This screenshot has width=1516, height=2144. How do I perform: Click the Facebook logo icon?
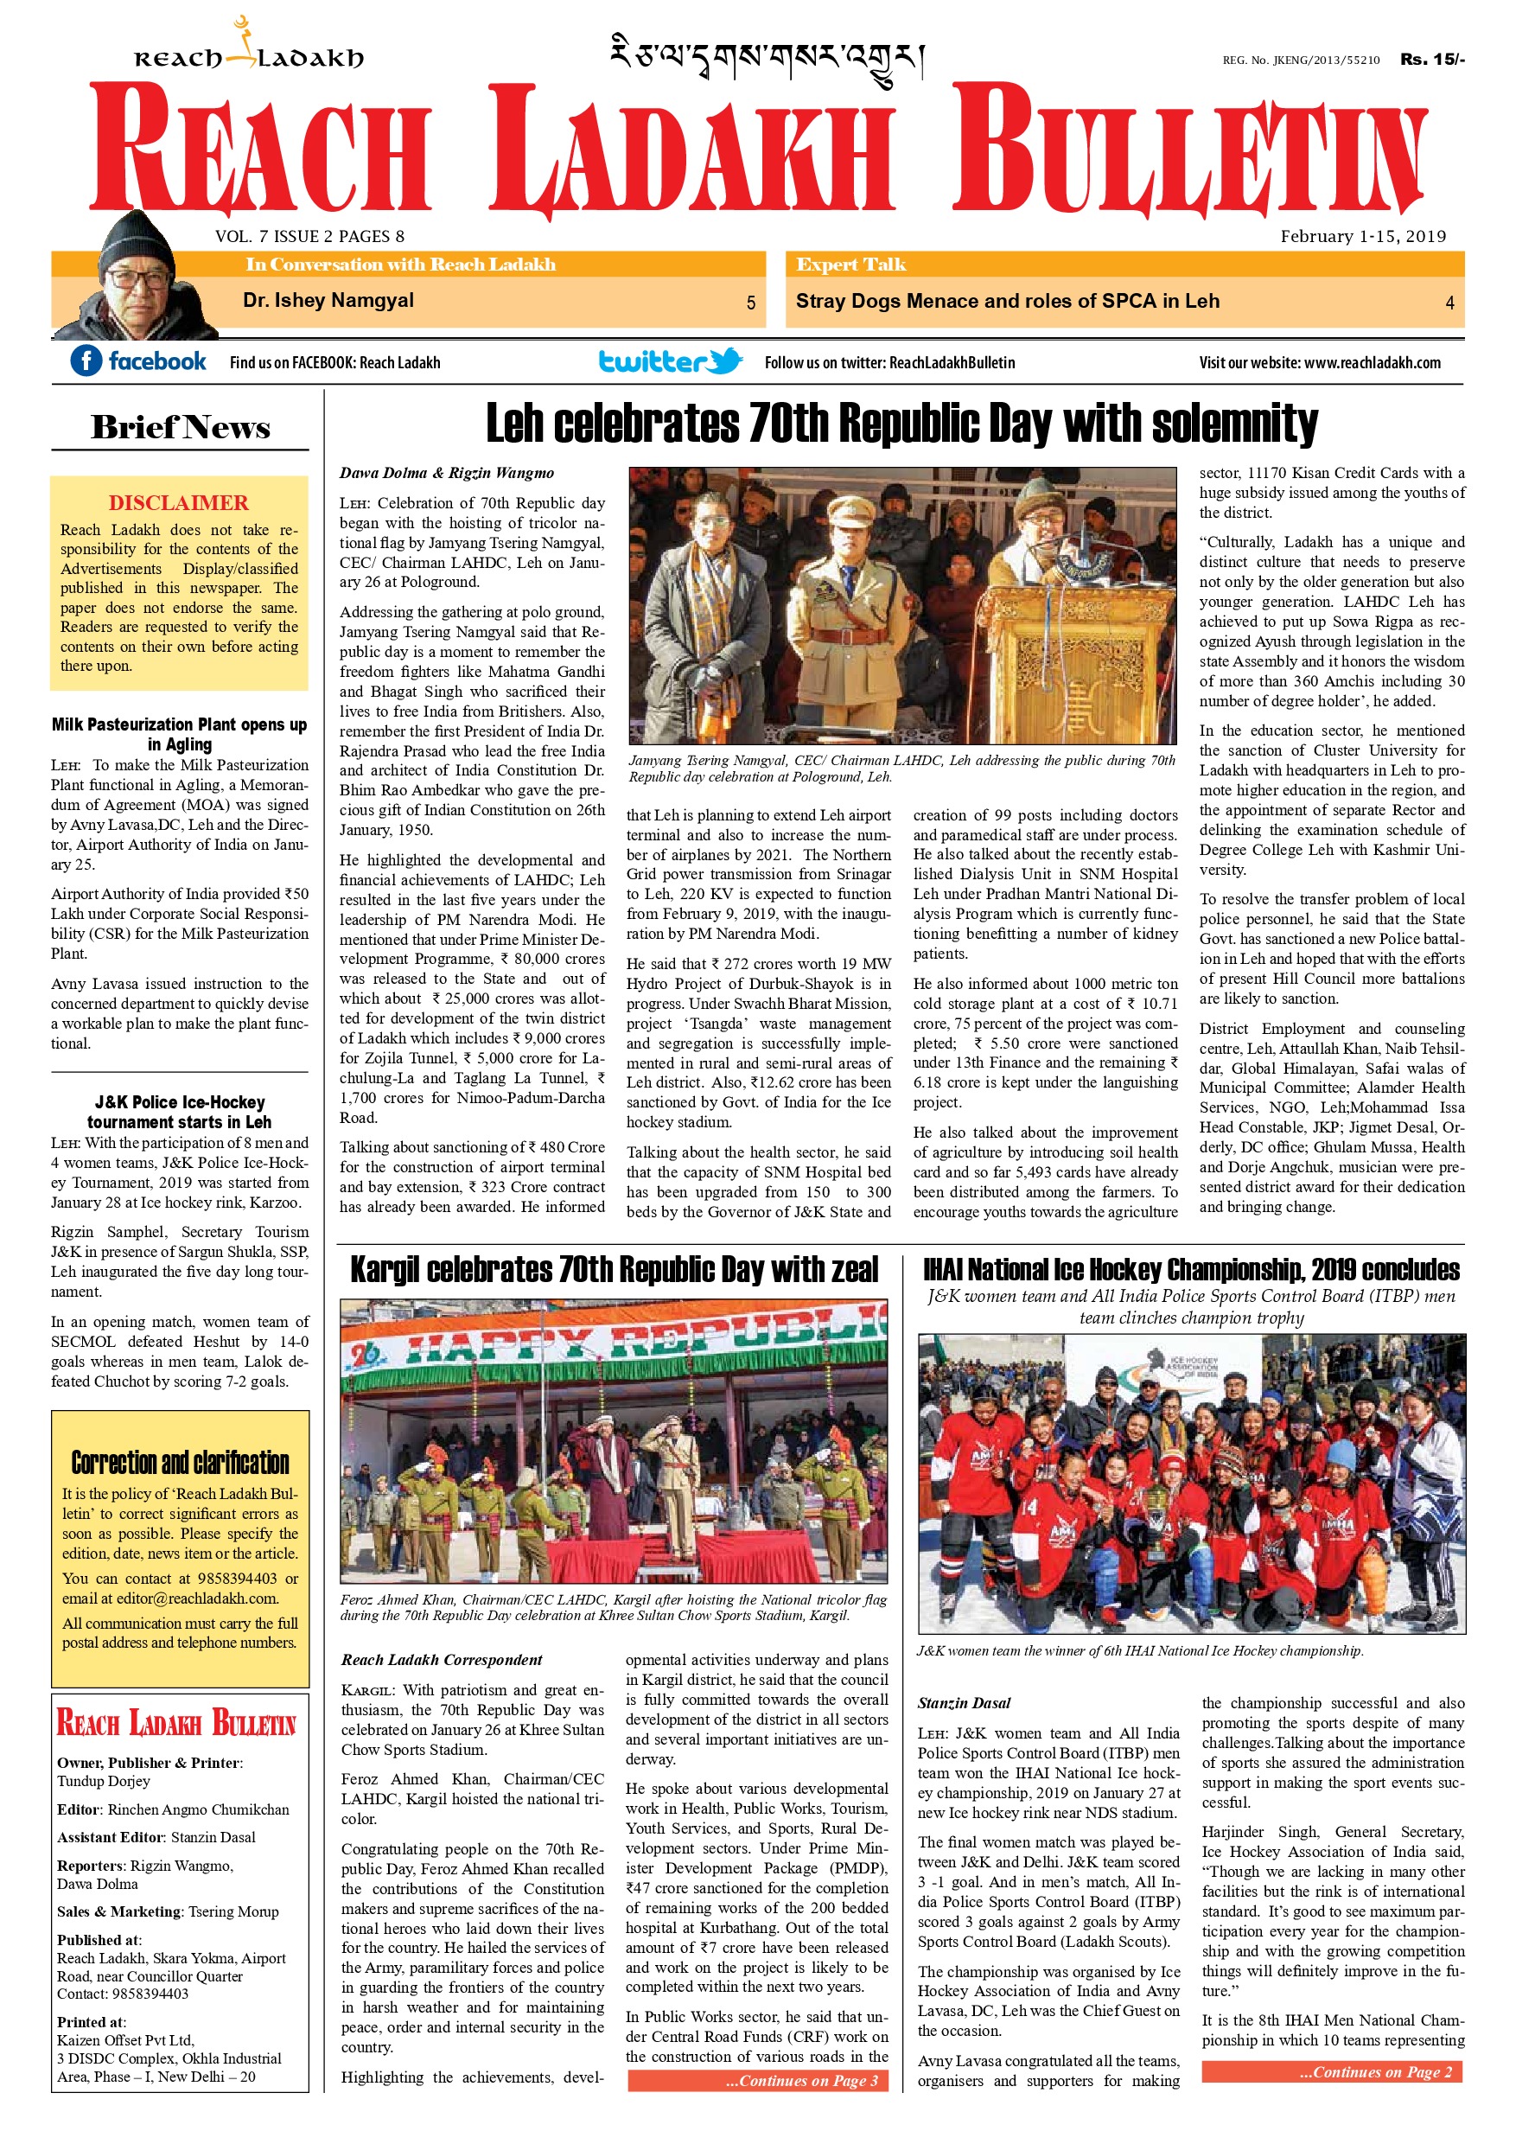tap(86, 361)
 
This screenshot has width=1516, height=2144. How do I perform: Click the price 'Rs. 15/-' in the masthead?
tap(1431, 59)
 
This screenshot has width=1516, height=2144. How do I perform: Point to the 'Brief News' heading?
tap(180, 428)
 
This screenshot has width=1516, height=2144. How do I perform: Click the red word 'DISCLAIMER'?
tap(178, 502)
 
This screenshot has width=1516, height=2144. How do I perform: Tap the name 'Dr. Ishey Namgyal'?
tap(328, 301)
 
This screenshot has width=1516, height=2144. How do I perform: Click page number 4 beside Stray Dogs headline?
tap(1449, 303)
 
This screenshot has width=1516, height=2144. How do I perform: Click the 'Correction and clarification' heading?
tap(180, 1462)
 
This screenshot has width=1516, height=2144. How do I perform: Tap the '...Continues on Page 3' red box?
tap(757, 2081)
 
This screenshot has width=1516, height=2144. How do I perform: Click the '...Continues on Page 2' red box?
tap(1331, 2072)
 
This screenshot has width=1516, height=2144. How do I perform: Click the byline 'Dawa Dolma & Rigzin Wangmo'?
tap(446, 474)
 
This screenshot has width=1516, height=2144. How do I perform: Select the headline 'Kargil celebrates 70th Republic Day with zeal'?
tap(615, 1270)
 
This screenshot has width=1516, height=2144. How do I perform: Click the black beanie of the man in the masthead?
tap(136, 240)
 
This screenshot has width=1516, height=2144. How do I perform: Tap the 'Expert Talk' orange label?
tap(850, 265)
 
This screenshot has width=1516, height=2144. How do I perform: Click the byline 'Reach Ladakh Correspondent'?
tap(441, 1659)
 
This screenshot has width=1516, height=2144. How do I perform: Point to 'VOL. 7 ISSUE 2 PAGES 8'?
tap(310, 236)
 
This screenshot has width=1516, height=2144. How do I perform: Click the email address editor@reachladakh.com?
tap(197, 1598)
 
